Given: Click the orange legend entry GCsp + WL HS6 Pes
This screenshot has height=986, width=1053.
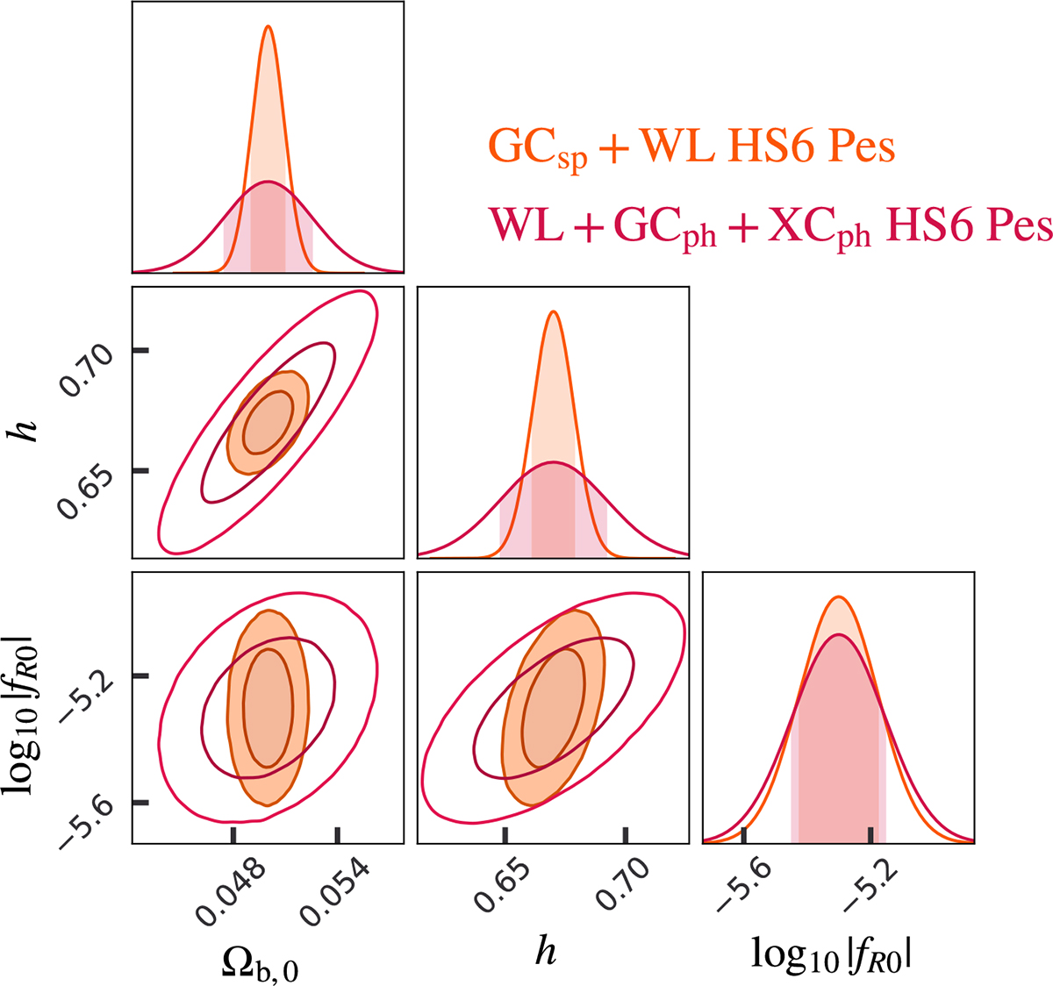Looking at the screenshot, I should coord(691,147).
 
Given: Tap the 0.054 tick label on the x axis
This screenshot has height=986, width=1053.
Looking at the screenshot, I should coord(333,891).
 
